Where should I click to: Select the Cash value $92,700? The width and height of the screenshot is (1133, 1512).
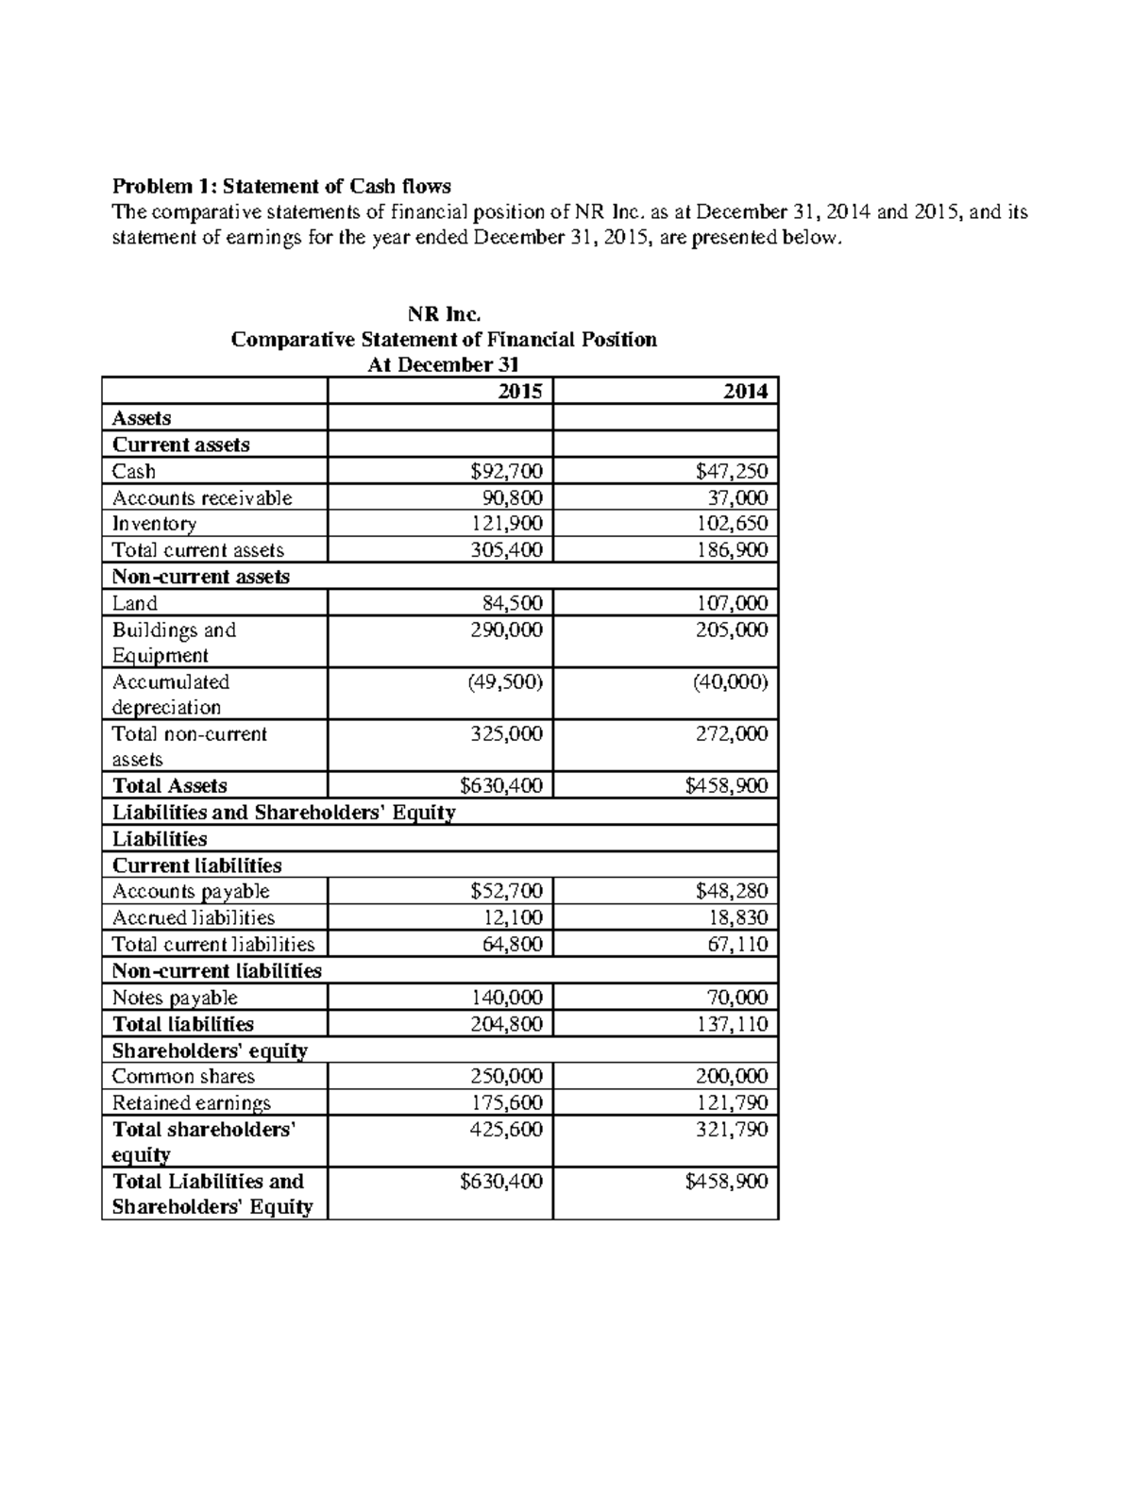pyautogui.click(x=506, y=471)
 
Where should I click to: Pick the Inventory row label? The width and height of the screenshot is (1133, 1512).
pyautogui.click(x=154, y=524)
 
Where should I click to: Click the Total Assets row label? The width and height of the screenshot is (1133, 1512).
pyautogui.click(x=170, y=785)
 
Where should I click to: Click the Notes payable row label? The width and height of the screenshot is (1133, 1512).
pyautogui.click(x=175, y=998)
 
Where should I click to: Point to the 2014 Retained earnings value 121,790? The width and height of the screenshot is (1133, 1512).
pyautogui.click(x=731, y=1102)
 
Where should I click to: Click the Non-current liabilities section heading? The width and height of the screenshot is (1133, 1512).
pyautogui.click(x=217, y=971)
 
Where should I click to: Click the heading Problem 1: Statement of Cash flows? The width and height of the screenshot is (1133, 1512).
pyautogui.click(x=281, y=186)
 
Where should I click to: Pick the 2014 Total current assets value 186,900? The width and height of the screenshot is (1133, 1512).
pyautogui.click(x=731, y=550)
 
